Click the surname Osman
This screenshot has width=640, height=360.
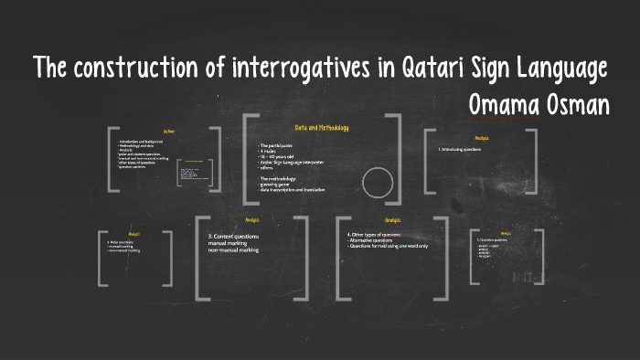[577, 105]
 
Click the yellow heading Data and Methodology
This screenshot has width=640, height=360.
[321, 128]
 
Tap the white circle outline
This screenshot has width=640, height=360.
[377, 183]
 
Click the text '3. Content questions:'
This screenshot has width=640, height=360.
[233, 236]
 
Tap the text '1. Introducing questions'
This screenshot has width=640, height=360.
[462, 148]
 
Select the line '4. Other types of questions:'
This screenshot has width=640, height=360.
[374, 235]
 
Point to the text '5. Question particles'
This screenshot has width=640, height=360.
[495, 241]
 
